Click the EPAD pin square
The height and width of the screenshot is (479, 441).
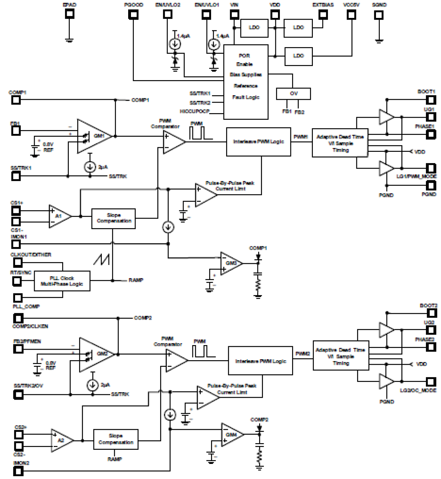(70, 14)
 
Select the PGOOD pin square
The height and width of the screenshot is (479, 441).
(133, 14)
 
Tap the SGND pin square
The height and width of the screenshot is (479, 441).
(379, 15)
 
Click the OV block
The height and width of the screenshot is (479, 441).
(294, 93)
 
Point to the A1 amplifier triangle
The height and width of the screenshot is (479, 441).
(59, 216)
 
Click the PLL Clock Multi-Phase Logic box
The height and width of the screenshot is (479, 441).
(62, 281)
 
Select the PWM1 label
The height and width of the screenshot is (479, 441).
(301, 136)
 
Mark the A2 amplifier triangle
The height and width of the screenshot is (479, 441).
(61, 440)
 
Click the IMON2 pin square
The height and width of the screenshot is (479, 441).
(18, 471)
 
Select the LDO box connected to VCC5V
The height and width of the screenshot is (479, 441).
(298, 56)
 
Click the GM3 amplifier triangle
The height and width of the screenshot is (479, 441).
(230, 263)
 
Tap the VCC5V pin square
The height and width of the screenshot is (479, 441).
(351, 14)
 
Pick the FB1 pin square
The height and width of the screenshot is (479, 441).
(16, 131)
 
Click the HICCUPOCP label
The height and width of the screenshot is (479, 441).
(195, 111)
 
